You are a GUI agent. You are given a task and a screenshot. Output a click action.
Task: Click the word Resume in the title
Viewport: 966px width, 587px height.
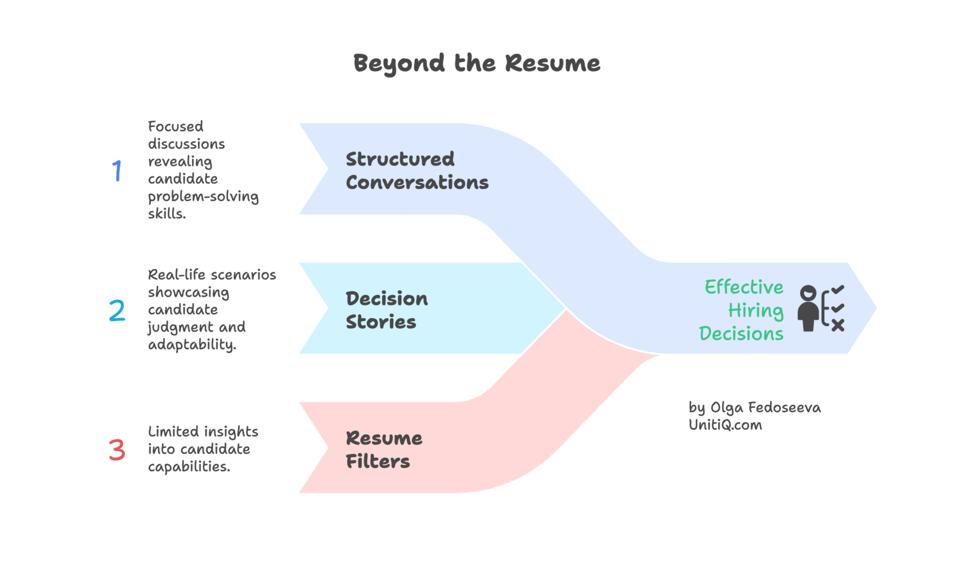click(x=553, y=63)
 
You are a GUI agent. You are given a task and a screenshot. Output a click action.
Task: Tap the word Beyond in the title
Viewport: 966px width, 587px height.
click(x=399, y=63)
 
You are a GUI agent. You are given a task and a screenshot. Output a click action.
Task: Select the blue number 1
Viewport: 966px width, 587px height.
click(x=117, y=171)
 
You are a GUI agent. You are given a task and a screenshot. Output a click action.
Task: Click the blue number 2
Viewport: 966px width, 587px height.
click(x=117, y=311)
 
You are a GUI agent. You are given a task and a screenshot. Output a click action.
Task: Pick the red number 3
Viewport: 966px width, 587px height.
click(x=117, y=450)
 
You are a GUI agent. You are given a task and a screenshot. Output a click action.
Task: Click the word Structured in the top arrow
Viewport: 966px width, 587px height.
click(x=400, y=159)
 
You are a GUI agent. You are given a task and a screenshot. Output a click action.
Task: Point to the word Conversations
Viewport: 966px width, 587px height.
click(x=417, y=183)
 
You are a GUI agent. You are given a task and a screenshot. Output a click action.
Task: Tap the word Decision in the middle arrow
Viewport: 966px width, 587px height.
click(x=386, y=299)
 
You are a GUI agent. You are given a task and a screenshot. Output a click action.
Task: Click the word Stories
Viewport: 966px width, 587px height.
click(x=381, y=322)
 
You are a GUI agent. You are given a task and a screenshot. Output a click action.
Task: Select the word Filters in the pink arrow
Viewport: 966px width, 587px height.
click(x=378, y=462)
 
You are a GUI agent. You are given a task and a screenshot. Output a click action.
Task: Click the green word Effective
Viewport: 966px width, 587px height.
click(x=744, y=287)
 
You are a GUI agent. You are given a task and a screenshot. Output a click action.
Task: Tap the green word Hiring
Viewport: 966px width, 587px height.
click(x=756, y=311)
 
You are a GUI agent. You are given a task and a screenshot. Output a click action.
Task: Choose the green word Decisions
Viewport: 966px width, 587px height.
click(x=741, y=334)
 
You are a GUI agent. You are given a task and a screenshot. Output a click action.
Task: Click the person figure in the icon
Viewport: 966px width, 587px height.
click(x=808, y=309)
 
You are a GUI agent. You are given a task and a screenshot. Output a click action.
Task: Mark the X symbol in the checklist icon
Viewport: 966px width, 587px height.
click(x=838, y=326)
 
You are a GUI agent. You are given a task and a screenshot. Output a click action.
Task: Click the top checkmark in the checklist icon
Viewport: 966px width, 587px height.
click(x=838, y=289)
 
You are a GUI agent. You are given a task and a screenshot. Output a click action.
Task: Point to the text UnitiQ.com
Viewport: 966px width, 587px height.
click(x=725, y=425)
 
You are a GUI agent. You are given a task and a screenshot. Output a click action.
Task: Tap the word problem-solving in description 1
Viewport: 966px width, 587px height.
click(x=203, y=196)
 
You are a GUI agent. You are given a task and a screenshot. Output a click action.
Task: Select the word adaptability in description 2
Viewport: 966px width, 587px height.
click(x=191, y=345)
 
